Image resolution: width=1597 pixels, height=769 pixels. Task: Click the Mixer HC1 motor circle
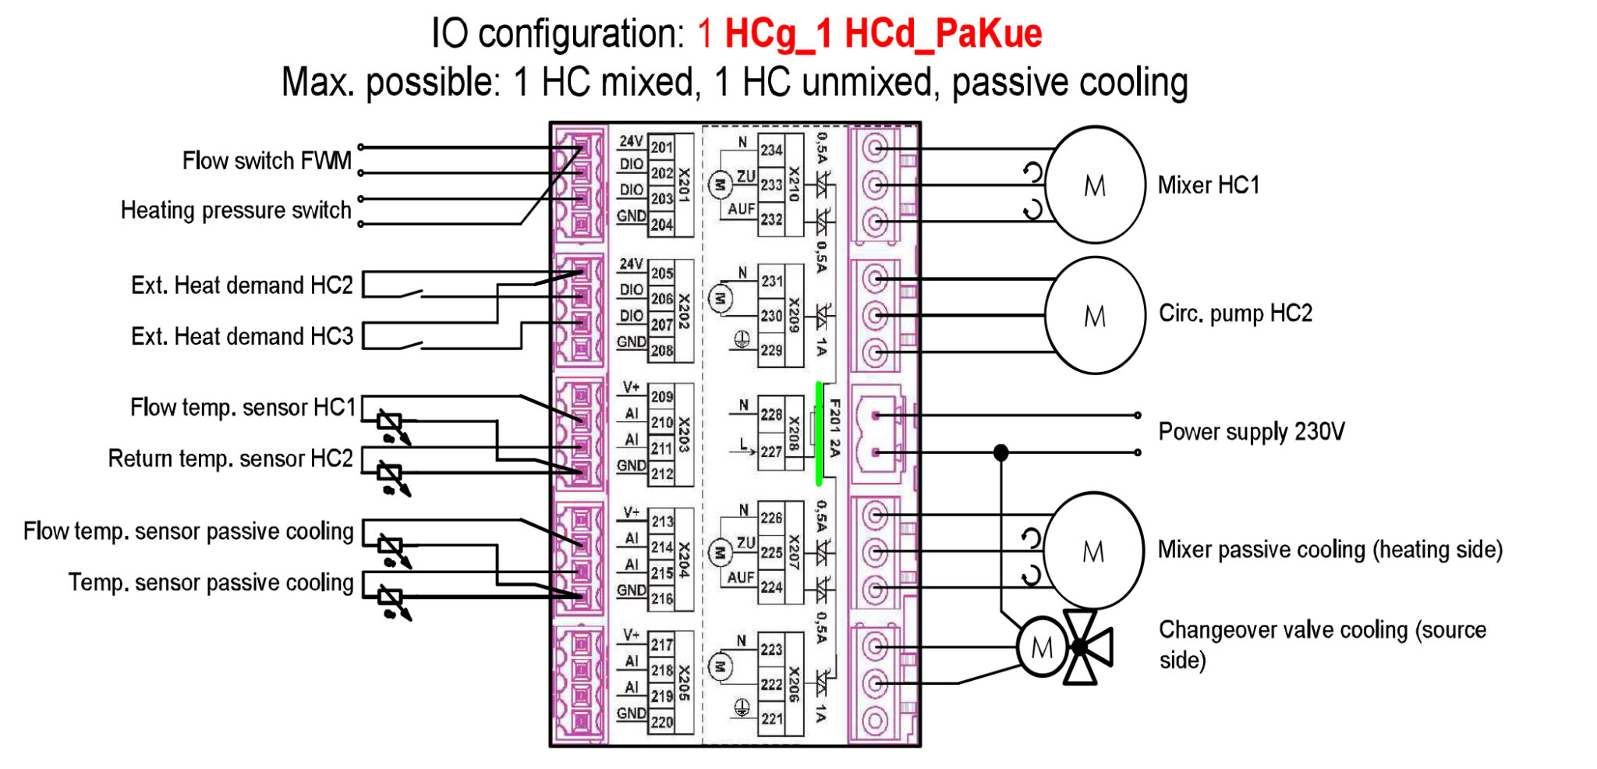pos(1095,186)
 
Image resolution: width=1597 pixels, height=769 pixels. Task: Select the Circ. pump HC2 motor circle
pos(1095,316)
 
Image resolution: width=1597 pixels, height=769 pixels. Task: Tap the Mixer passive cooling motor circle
pos(1093,551)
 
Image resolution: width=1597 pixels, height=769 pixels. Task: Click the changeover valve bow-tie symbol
pos(1087,647)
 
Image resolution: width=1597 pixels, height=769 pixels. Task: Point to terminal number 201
pos(662,147)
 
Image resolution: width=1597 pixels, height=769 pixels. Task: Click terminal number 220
pos(662,722)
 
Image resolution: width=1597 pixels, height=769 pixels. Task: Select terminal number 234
pos(771,151)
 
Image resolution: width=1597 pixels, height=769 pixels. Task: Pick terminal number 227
pos(771,452)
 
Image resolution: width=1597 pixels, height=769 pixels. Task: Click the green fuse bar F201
pos(819,434)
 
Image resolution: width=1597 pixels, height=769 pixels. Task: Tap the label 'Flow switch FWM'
pos(267,161)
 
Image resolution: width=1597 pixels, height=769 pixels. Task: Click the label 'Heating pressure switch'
pos(235,211)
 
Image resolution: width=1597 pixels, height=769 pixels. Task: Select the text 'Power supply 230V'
pos(1251,432)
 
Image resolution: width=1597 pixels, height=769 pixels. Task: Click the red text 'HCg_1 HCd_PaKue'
pos(883,34)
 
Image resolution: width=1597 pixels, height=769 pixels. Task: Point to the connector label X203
pos(684,434)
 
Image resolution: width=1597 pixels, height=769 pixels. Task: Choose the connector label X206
pos(794,685)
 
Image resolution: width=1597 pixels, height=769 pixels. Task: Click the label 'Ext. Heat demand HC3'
pos(242,337)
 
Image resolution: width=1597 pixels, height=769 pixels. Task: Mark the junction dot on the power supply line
pos(1001,452)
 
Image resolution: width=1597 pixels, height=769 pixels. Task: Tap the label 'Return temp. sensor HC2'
pos(230,459)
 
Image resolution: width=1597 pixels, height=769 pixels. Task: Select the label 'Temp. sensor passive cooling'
pos(211,583)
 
